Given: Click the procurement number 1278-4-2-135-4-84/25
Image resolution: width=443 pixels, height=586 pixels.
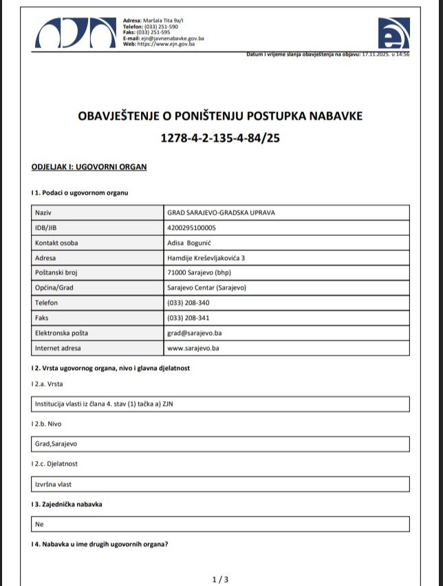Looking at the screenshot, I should click(x=220, y=138).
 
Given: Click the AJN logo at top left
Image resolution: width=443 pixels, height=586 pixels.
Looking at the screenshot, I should click(x=76, y=32).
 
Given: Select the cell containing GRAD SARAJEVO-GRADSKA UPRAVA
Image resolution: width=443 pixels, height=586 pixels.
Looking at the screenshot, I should click(x=221, y=213).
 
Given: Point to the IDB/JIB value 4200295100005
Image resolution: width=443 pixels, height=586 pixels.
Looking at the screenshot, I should click(x=191, y=228).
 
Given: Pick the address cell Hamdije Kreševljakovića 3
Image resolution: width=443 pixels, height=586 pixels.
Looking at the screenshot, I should click(x=206, y=258).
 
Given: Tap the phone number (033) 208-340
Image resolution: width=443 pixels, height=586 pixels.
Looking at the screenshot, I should click(x=188, y=303).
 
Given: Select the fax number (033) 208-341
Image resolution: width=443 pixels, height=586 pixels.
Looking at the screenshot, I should click(x=188, y=318).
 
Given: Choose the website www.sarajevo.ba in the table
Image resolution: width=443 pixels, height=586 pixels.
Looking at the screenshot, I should click(x=193, y=348).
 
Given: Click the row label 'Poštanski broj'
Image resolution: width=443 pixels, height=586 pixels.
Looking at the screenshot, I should click(x=56, y=273).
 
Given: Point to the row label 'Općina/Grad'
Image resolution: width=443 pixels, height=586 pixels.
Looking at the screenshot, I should click(x=54, y=287).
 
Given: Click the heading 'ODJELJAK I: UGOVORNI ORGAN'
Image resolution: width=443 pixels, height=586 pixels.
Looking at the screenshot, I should click(x=89, y=167).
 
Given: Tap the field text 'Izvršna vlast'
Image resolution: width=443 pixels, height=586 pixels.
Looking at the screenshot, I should click(x=53, y=484).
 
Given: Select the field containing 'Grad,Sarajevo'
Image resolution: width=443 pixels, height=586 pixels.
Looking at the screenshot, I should click(x=56, y=444).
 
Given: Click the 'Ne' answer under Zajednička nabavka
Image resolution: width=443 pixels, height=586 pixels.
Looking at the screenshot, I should click(x=39, y=524).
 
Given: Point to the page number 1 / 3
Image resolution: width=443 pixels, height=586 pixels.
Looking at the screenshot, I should click(x=220, y=580).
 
